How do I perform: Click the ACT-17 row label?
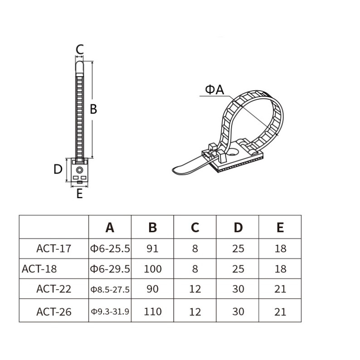54,248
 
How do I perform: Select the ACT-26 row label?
54,312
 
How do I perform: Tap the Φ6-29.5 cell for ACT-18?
110,268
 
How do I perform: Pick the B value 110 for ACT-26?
153,311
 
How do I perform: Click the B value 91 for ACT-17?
153,248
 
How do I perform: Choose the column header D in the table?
238,228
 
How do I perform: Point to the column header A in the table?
110,228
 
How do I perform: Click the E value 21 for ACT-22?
280,289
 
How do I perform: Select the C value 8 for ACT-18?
195,268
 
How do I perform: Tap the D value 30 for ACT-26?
238,311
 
